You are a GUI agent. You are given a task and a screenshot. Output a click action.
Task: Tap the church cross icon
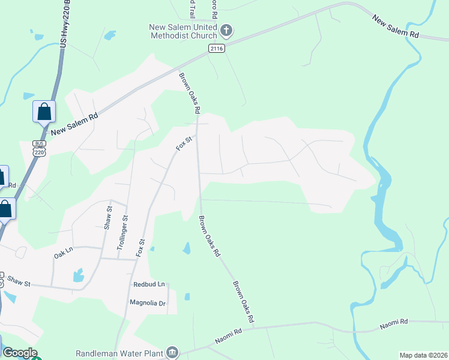(x=227, y=29)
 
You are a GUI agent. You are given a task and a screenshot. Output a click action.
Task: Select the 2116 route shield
(x=217, y=48)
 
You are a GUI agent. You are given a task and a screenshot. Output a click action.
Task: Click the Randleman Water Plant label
(x=119, y=353)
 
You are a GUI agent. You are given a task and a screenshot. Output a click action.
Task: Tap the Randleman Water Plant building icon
(x=172, y=352)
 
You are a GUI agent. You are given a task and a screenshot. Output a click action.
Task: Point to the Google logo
(x=19, y=353)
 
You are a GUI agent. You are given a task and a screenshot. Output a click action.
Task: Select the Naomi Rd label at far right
(x=394, y=324)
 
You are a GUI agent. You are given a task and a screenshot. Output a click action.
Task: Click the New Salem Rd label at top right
(x=395, y=27)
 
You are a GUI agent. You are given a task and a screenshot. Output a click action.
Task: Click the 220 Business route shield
(x=39, y=148)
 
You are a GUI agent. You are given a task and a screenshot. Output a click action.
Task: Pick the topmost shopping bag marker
(x=44, y=112)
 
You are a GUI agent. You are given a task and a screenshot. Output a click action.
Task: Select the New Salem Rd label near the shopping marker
(x=74, y=125)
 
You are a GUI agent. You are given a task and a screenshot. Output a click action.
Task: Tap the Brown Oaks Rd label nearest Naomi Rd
(x=243, y=301)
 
